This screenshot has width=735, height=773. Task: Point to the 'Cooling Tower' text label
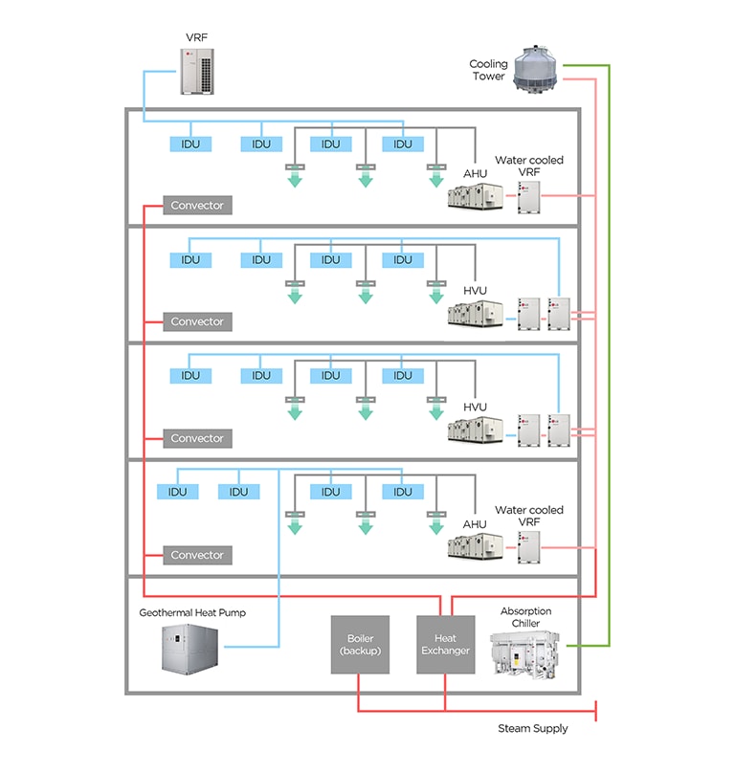click(488, 70)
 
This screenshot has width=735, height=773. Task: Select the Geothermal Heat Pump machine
click(190, 652)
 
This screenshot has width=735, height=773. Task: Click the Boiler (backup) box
click(360, 645)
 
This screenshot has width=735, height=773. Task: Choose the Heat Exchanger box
click(445, 645)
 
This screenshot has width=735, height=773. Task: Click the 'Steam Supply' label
click(532, 728)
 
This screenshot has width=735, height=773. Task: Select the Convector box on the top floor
click(197, 206)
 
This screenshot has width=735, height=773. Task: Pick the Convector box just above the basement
click(197, 555)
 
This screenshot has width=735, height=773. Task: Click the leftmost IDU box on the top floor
click(190, 144)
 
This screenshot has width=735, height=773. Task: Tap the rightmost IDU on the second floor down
click(402, 260)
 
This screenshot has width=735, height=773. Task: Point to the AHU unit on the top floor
click(476, 197)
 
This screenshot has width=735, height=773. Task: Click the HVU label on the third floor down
click(475, 407)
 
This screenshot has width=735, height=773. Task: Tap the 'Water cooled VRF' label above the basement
click(528, 517)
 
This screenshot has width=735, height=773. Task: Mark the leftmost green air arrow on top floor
click(295, 177)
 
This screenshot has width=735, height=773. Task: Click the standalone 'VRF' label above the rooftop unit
click(197, 37)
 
